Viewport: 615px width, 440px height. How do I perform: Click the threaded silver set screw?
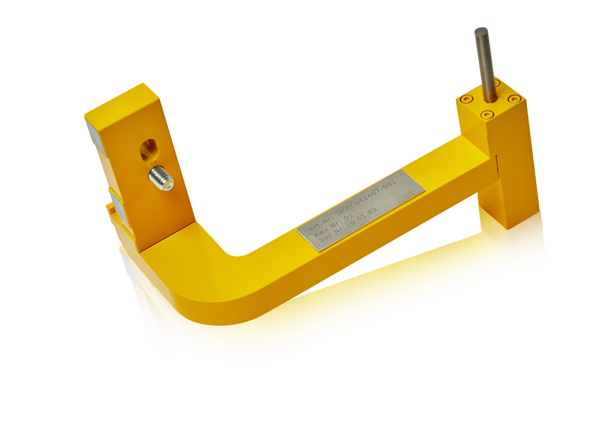[161, 178]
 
